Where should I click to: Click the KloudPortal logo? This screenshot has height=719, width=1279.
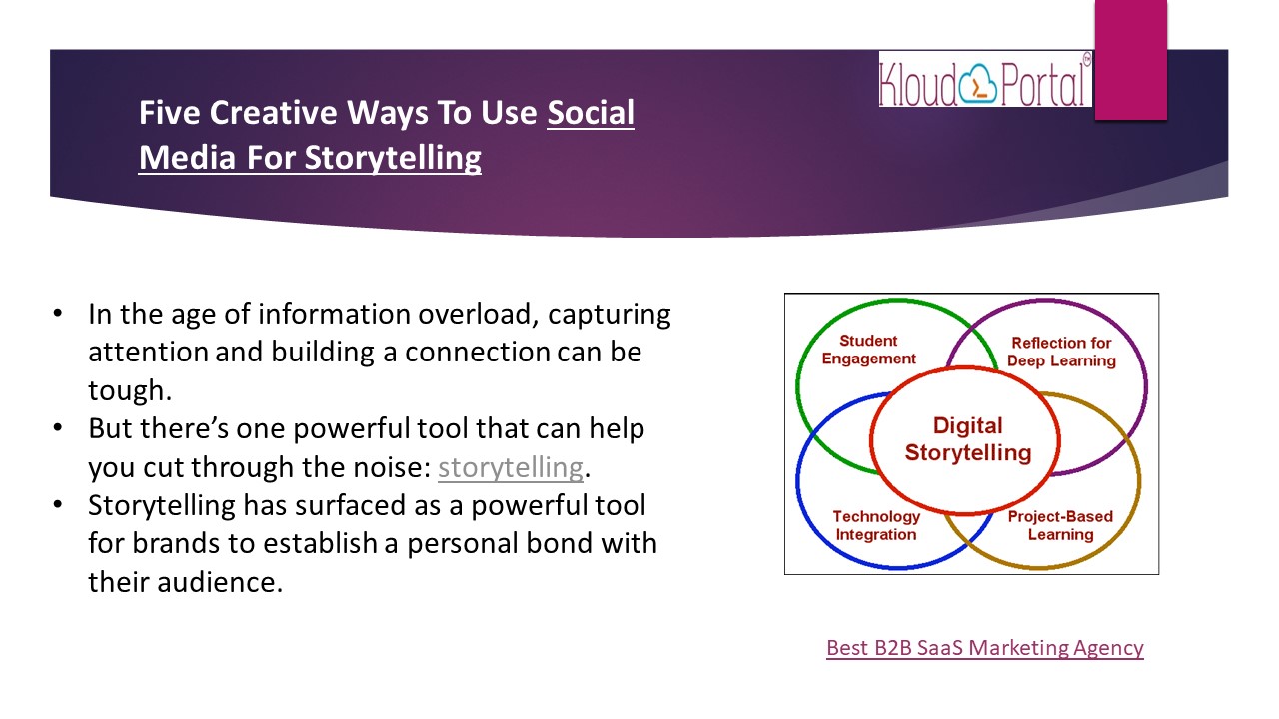(x=985, y=79)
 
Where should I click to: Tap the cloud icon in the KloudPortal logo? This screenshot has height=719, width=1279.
(x=978, y=85)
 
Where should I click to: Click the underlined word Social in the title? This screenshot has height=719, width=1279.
(x=591, y=112)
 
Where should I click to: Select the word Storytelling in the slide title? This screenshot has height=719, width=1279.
(x=393, y=158)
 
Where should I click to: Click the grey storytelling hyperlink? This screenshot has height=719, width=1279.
(x=510, y=467)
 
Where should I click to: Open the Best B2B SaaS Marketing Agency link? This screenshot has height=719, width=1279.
(x=985, y=648)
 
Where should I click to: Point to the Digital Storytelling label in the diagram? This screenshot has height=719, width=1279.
(x=968, y=438)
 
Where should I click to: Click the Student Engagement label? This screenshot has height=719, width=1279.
(x=868, y=350)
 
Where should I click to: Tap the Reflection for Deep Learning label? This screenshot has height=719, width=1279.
(x=1061, y=352)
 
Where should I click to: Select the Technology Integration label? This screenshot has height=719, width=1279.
(x=876, y=525)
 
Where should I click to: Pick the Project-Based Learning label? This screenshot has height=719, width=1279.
(x=1060, y=525)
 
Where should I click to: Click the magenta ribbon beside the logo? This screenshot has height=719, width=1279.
(x=1130, y=60)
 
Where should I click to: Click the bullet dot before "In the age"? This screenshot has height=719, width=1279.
(x=57, y=313)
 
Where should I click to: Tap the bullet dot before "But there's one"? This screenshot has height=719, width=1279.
(x=57, y=427)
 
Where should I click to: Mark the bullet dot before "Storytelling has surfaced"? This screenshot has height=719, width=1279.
(x=57, y=504)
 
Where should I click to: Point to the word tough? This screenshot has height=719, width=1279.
(x=130, y=391)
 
